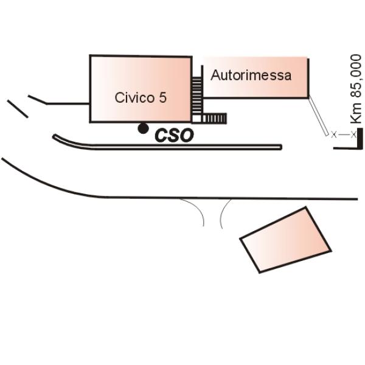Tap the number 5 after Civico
coord(163,98)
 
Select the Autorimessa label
coord(251,75)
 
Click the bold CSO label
coord(174,135)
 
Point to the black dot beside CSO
coord(142,128)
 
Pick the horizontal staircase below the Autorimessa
coord(214,117)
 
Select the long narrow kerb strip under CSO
coord(167,146)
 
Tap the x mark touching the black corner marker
coord(353,134)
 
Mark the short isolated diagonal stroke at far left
coord(17,108)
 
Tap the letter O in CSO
coord(186,135)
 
